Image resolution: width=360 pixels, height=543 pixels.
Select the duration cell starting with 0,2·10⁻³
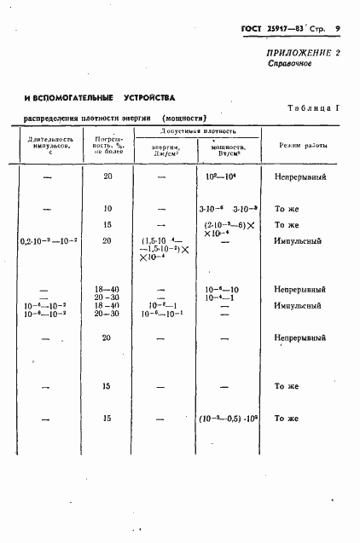click(x=46, y=241)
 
